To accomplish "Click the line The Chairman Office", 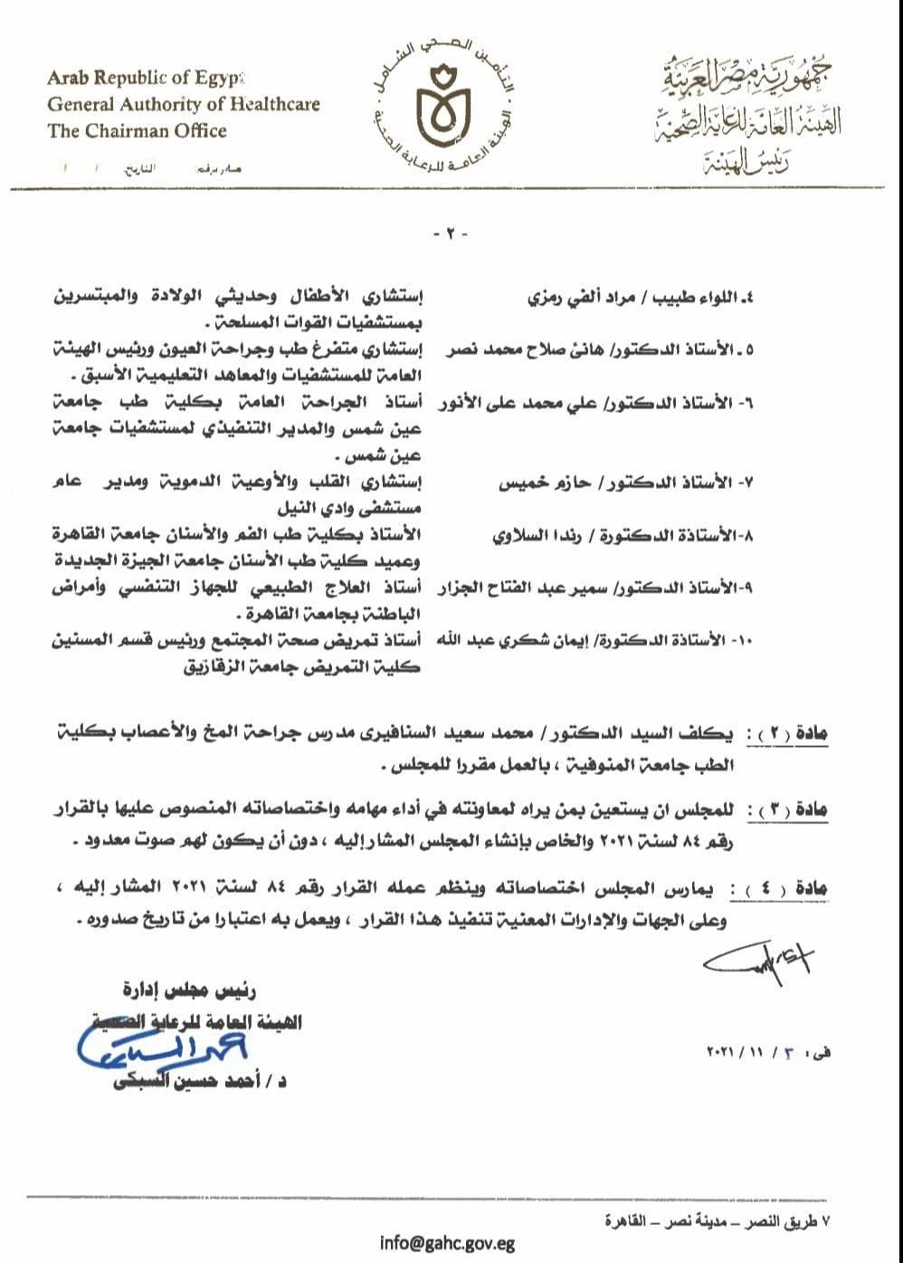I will tap(137, 131).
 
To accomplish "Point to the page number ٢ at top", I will tap(451, 234).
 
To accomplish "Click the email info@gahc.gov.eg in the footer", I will tap(447, 1241).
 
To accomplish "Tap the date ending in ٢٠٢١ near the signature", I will tap(768, 1053).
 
